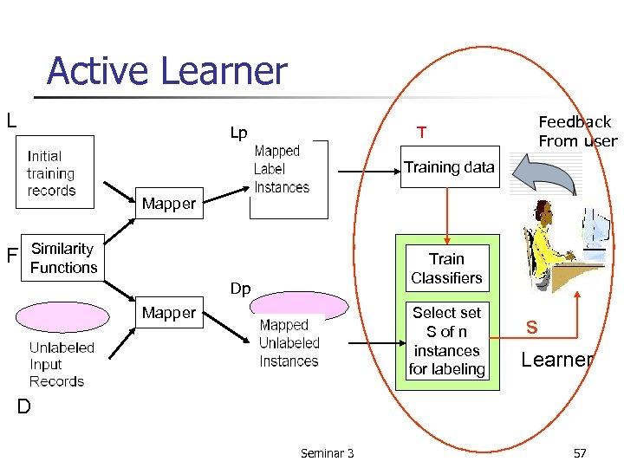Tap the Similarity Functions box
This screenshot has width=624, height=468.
coord(63,258)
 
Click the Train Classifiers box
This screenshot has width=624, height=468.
coord(446,269)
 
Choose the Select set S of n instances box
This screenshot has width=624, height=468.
coord(446,341)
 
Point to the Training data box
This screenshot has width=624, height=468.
coord(449,167)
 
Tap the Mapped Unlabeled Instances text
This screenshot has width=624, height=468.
coord(289,343)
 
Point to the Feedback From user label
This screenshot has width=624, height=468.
coord(577,132)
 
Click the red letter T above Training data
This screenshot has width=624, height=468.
coord(421,133)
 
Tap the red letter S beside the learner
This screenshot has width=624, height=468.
coord(531,328)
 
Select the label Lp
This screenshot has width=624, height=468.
coord(238,133)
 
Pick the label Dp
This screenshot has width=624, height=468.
coord(240,289)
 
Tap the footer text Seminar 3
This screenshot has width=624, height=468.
coord(327,453)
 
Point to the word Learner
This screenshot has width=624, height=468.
coord(557,359)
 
